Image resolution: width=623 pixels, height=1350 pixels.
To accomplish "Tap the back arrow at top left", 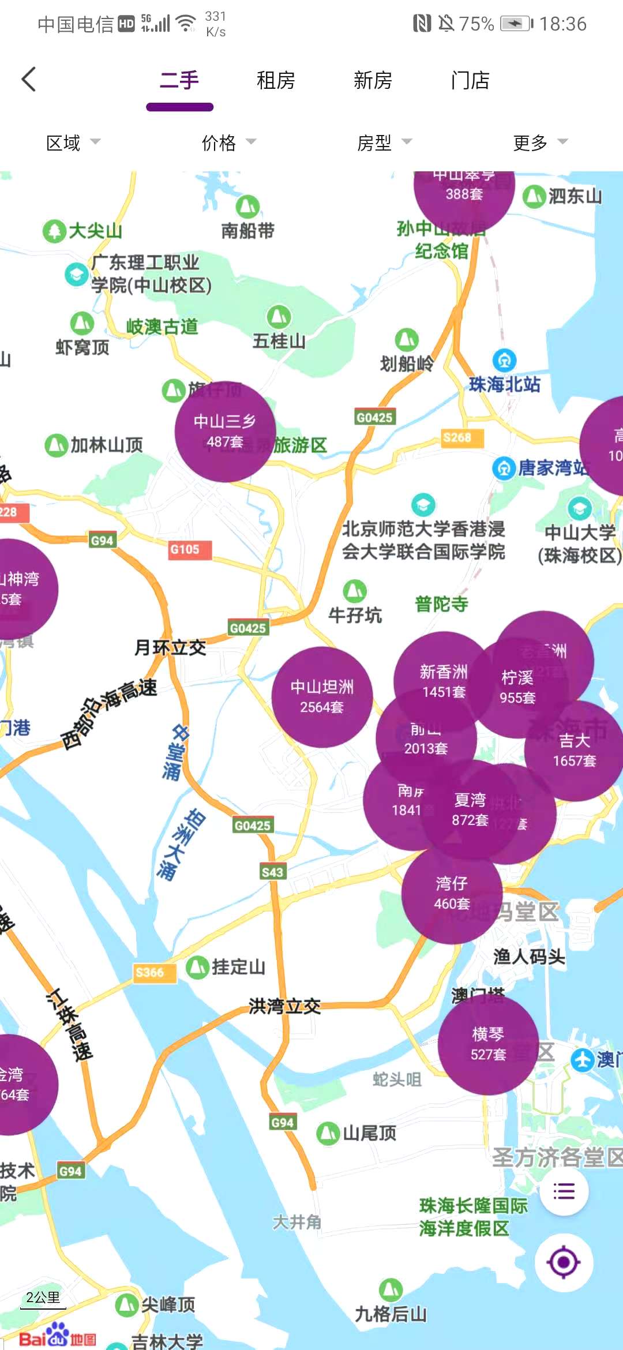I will pyautogui.click(x=29, y=80).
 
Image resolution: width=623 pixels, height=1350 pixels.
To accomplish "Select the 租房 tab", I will pyautogui.click(x=276, y=80).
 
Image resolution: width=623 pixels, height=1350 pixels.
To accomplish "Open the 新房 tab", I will pyautogui.click(x=373, y=80).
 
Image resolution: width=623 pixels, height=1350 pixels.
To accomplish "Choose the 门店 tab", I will pyautogui.click(x=470, y=80).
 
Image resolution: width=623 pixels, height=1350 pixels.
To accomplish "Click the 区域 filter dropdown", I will pyautogui.click(x=73, y=142).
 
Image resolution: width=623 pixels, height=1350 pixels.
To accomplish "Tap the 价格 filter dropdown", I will pyautogui.click(x=228, y=142).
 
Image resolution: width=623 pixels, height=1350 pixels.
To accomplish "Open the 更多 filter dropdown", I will pyautogui.click(x=540, y=142).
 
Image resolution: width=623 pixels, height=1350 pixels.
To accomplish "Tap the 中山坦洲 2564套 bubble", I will pyautogui.click(x=322, y=697).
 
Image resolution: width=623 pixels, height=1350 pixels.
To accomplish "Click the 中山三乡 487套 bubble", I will pyautogui.click(x=225, y=432).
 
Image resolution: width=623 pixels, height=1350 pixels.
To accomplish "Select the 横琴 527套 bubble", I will pyautogui.click(x=488, y=1044).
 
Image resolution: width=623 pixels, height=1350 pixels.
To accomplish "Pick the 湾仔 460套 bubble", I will pyautogui.click(x=452, y=894).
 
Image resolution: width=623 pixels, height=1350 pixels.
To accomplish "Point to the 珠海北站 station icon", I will pyautogui.click(x=504, y=361).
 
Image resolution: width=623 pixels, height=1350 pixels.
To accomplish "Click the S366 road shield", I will pyautogui.click(x=150, y=973).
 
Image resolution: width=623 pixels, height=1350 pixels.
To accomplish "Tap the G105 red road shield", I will pyautogui.click(x=185, y=550).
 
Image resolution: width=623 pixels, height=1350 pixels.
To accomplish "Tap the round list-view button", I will pyautogui.click(x=564, y=1191).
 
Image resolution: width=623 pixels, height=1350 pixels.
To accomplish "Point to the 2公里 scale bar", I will pyautogui.click(x=43, y=1299).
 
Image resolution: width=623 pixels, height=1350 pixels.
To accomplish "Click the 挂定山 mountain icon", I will pyautogui.click(x=197, y=967).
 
